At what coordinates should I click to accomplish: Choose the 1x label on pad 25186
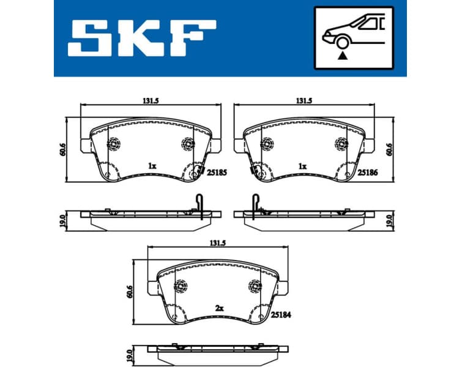click(302, 166)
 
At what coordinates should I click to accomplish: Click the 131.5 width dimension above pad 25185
click(150, 102)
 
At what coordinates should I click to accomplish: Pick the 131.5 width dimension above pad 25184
click(218, 243)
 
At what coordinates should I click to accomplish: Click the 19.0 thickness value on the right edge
click(390, 220)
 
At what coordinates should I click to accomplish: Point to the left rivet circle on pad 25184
click(181, 286)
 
